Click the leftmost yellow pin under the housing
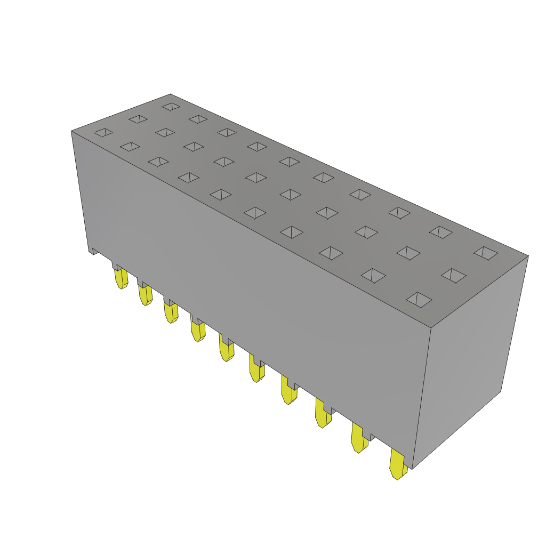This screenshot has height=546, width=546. pyautogui.click(x=121, y=278)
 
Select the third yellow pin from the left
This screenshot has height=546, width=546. pyautogui.click(x=171, y=312)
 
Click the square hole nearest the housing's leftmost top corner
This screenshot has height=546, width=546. pyautogui.click(x=103, y=132)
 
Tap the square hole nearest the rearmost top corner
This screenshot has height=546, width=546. pyautogui.click(x=171, y=107)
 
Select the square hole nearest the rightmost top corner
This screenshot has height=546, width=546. pyautogui.click(x=486, y=253)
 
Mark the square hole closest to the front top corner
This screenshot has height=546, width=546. pyautogui.click(x=419, y=300)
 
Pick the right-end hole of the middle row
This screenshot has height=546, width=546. pyautogui.click(x=453, y=276)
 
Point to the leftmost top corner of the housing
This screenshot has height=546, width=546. pyautogui.click(x=72, y=131)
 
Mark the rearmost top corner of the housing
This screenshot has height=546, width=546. pyautogui.click(x=170, y=95)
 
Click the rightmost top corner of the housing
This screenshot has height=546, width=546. pyautogui.click(x=527, y=256)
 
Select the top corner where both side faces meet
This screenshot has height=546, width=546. pyautogui.click(x=430, y=327)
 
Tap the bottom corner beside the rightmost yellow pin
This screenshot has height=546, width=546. pyautogui.click(x=412, y=468)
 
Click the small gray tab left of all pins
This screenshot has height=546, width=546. pyautogui.click(x=95, y=251)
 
